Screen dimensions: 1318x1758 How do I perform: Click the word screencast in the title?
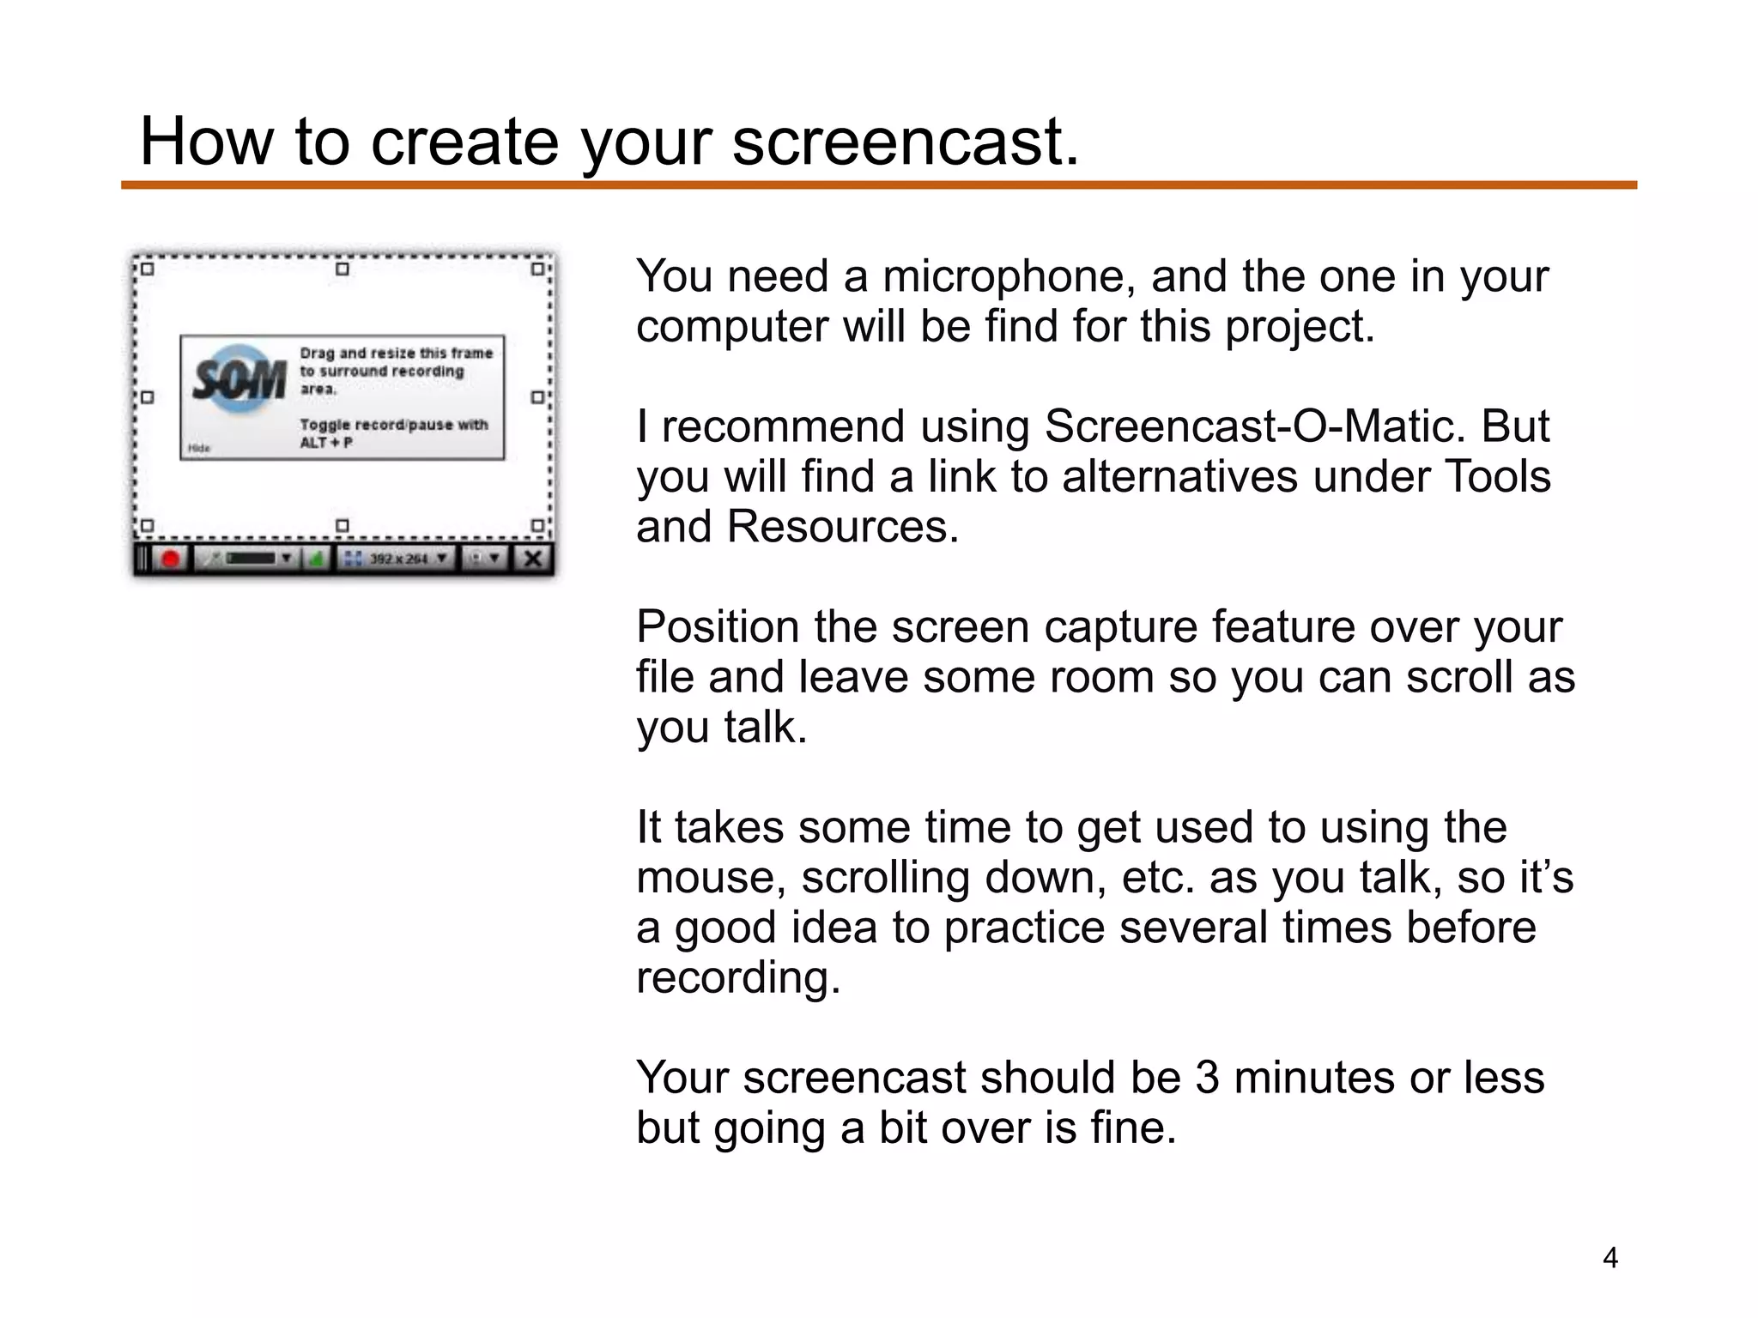(904, 142)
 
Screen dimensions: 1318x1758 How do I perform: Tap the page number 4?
(1610, 1258)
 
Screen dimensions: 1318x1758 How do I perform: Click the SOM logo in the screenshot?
(239, 379)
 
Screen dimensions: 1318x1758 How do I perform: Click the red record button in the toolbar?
(171, 559)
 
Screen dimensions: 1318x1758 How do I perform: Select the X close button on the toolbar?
(533, 559)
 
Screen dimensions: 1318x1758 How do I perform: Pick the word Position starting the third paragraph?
(718, 626)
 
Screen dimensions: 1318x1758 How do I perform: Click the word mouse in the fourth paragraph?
(711, 878)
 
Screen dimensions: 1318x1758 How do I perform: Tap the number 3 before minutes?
(1207, 1078)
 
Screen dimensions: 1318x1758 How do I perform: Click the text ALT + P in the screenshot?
(326, 443)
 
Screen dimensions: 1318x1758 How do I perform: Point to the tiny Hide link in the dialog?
(199, 448)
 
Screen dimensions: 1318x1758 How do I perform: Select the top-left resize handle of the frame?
(147, 269)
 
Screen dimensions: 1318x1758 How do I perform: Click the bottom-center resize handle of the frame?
(342, 525)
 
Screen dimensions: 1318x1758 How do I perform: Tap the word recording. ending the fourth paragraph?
(738, 978)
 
